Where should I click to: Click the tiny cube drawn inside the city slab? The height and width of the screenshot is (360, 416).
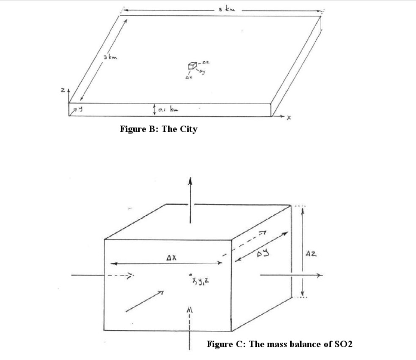tap(191, 66)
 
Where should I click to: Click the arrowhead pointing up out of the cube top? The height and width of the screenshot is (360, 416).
tap(191, 181)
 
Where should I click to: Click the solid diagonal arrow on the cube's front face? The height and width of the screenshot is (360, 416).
tap(144, 301)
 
